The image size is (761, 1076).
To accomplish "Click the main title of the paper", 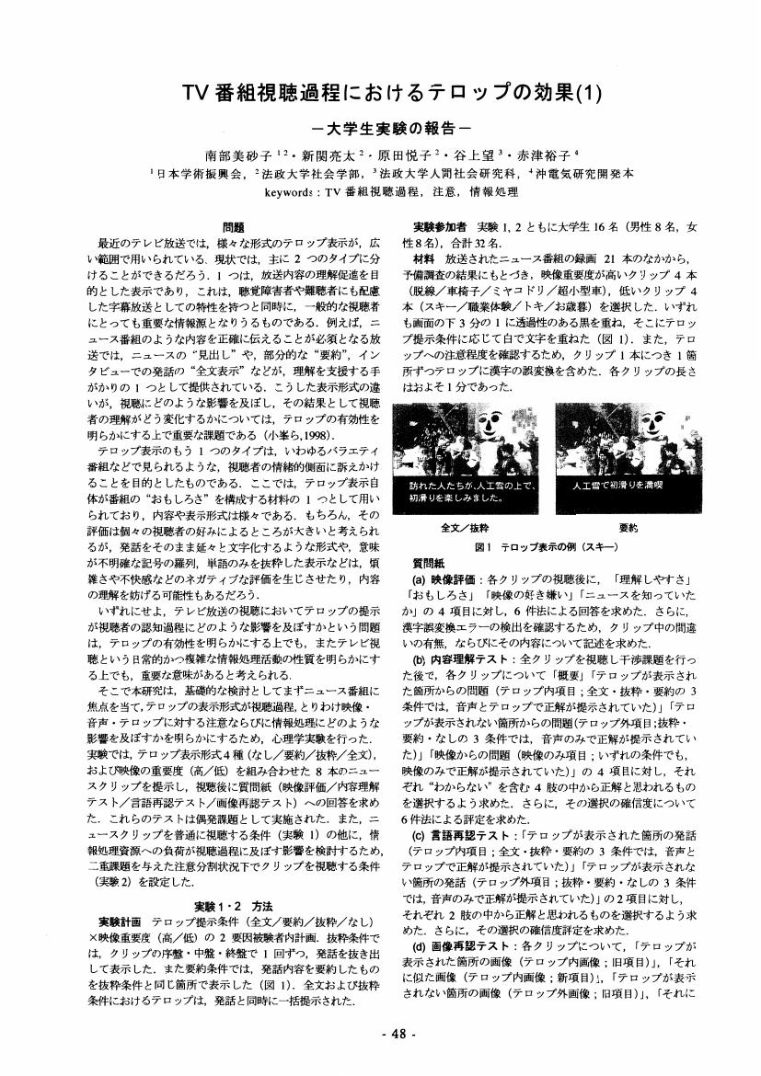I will [x=379, y=92].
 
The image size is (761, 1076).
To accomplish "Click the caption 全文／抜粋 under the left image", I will [x=457, y=529].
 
